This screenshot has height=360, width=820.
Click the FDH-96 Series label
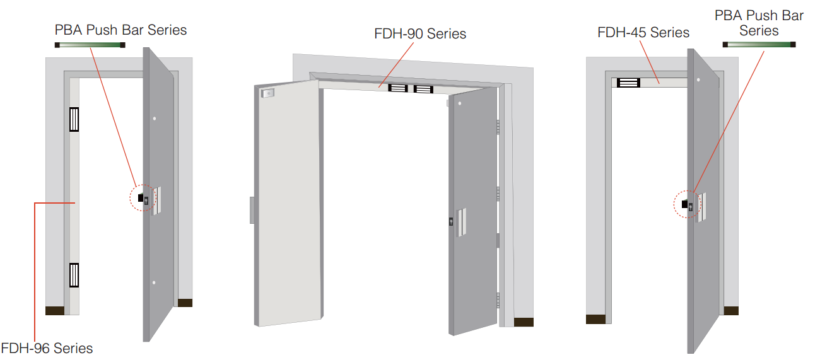click(x=47, y=348)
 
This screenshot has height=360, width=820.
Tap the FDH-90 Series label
click(x=420, y=33)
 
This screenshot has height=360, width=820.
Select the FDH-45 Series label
click(x=643, y=33)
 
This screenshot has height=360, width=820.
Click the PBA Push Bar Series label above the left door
click(x=120, y=30)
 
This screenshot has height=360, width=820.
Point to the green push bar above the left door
click(x=90, y=45)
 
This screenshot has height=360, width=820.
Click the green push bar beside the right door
click(x=759, y=45)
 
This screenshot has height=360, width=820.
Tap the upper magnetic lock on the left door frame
click(x=74, y=119)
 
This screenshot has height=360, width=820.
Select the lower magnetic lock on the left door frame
click(x=74, y=275)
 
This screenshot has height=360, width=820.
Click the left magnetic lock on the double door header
click(x=398, y=88)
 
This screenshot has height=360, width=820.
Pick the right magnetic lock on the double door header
click(x=423, y=90)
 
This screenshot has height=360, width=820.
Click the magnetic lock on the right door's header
click(x=628, y=83)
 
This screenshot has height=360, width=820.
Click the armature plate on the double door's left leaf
click(x=267, y=93)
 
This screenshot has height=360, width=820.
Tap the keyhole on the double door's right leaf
click(x=451, y=221)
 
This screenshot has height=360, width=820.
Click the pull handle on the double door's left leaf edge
click(x=252, y=210)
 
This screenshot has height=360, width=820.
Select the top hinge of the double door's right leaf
click(x=498, y=127)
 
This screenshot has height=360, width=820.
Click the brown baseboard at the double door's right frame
click(x=524, y=322)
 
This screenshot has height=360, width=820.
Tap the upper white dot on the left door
click(x=155, y=119)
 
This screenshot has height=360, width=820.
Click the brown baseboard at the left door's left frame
click(x=55, y=311)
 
